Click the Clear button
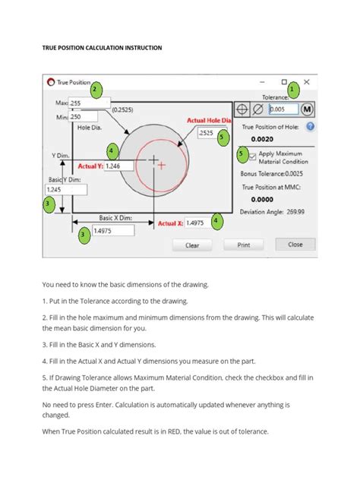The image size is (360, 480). [x=191, y=245]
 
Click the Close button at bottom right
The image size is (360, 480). [x=295, y=245]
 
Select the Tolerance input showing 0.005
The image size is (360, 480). [x=283, y=109]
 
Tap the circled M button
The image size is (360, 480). [x=308, y=109]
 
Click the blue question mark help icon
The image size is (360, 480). [x=310, y=127]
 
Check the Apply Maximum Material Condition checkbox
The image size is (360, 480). [x=252, y=156]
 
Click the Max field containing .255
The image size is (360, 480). [x=90, y=103]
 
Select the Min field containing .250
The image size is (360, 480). [x=90, y=117]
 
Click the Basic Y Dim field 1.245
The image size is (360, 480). [x=57, y=190]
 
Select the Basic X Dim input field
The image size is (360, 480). [x=111, y=231]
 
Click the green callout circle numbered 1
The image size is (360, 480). [x=292, y=90]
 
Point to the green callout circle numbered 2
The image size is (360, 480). [x=96, y=90]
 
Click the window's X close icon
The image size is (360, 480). [x=306, y=81]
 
